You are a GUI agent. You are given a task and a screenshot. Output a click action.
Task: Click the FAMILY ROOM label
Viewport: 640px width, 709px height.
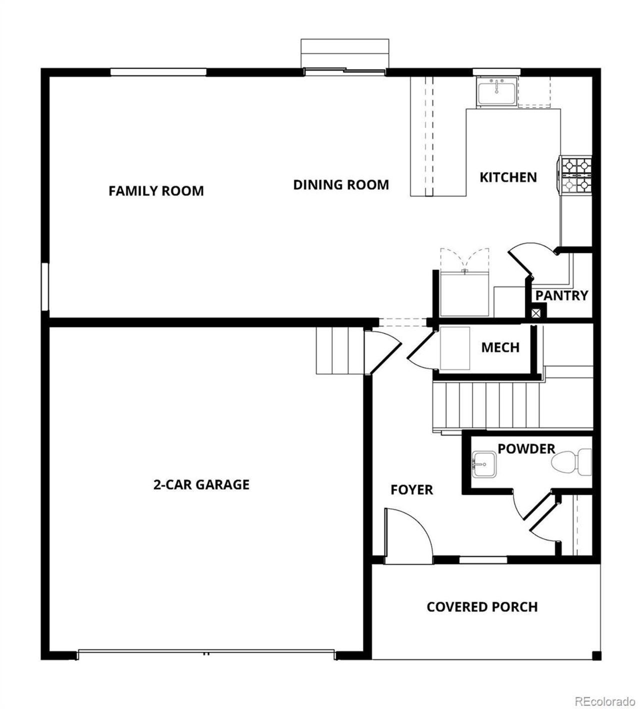tap(156, 191)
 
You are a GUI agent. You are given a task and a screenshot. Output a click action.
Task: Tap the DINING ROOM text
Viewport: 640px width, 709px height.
tap(340, 185)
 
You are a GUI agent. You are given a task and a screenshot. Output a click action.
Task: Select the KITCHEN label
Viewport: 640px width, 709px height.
tap(508, 177)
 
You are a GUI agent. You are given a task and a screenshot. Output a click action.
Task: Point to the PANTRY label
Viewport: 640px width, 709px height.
tap(561, 295)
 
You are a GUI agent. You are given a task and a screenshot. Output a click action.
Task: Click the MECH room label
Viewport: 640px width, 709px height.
tap(500, 347)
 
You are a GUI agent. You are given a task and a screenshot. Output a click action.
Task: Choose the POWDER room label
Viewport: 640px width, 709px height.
tap(526, 449)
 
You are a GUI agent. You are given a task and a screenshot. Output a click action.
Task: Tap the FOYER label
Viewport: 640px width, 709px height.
tap(411, 490)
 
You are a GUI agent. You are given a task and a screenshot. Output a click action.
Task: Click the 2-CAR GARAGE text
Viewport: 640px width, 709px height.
tap(201, 484)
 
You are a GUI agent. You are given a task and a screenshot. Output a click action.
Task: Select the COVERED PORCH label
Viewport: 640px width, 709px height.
tap(482, 607)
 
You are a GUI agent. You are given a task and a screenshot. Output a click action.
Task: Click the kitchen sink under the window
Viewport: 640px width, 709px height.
tap(496, 92)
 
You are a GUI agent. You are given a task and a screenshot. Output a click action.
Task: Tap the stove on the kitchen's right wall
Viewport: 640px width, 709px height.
tap(575, 175)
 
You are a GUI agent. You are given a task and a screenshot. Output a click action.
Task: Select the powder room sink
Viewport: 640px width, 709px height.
tap(483, 463)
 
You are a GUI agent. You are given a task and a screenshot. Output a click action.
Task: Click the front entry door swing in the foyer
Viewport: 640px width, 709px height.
tap(407, 532)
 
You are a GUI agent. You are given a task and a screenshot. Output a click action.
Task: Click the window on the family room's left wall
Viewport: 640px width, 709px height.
tap(45, 287)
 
